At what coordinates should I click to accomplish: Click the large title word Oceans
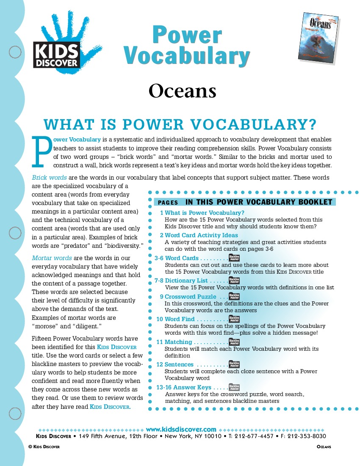click(x=182, y=91)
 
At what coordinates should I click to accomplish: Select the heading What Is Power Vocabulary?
click(x=180, y=125)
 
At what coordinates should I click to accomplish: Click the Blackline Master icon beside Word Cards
click(x=234, y=258)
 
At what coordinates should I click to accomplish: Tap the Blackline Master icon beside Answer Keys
click(x=234, y=387)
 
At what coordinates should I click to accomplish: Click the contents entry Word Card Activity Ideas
click(x=201, y=235)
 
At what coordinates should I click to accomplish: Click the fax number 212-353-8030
click(x=309, y=436)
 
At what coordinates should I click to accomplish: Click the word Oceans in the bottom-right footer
click(x=324, y=447)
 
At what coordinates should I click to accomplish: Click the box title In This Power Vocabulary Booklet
click(x=259, y=202)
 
